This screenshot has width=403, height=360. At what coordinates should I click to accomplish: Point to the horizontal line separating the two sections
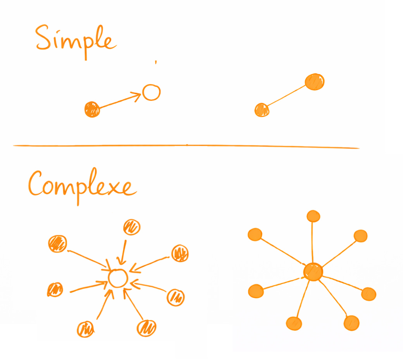(186, 146)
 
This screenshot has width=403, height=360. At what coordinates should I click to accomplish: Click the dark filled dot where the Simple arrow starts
(92, 109)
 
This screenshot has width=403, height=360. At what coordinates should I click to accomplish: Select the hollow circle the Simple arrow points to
(151, 92)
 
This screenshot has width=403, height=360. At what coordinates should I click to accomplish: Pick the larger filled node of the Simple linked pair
(315, 81)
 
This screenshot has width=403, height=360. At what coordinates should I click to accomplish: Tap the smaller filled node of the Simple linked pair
(262, 110)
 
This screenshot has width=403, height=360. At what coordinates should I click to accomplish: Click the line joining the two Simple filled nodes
(287, 97)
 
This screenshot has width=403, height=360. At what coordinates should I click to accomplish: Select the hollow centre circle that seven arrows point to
(118, 278)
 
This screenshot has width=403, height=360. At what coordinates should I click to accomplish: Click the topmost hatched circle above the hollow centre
(132, 227)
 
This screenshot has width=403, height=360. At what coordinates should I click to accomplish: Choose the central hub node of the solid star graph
(313, 272)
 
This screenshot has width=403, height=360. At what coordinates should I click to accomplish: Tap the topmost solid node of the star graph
(313, 216)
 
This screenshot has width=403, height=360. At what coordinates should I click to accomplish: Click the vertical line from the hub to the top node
(313, 242)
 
